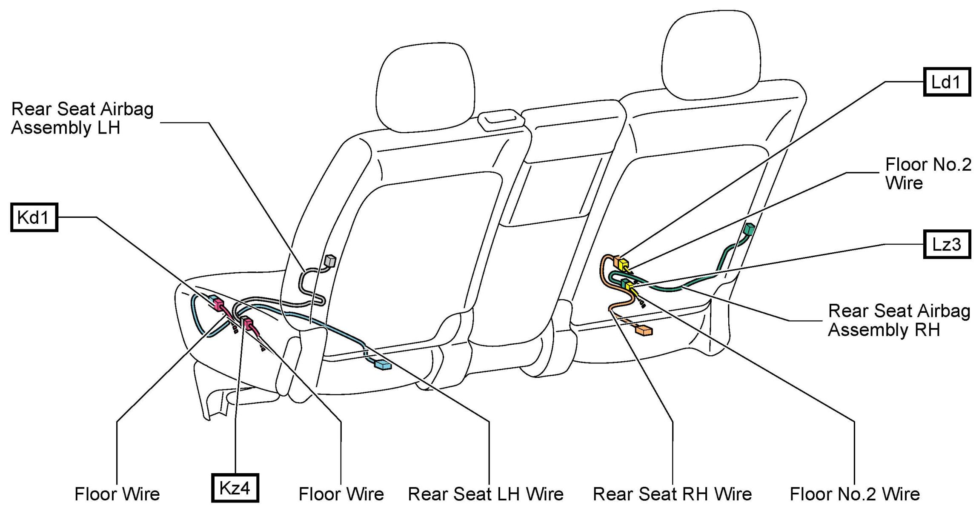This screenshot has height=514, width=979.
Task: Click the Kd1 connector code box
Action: click(x=34, y=217)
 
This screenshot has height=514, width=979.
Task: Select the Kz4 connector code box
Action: click(x=235, y=488)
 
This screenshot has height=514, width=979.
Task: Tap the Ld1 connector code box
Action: click(x=946, y=82)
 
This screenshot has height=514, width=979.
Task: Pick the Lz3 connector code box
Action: click(x=946, y=244)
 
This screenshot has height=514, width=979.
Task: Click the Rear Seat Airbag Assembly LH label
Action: click(x=82, y=118)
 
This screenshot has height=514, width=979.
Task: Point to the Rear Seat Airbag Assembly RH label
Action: click(x=899, y=320)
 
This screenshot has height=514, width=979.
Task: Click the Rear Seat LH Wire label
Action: click(x=486, y=494)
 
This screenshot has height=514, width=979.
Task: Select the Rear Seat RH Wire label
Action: click(x=672, y=494)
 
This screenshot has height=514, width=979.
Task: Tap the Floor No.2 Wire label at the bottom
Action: click(x=855, y=494)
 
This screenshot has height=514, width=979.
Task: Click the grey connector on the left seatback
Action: click(x=330, y=260)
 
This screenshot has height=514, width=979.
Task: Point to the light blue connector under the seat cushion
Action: click(x=382, y=365)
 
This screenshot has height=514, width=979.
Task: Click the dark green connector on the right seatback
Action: click(x=749, y=230)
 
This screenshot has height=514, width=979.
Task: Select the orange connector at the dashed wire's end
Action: click(x=644, y=330)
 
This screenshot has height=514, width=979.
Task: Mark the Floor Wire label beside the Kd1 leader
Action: click(x=117, y=494)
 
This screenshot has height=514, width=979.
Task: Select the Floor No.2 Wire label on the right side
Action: click(x=928, y=174)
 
